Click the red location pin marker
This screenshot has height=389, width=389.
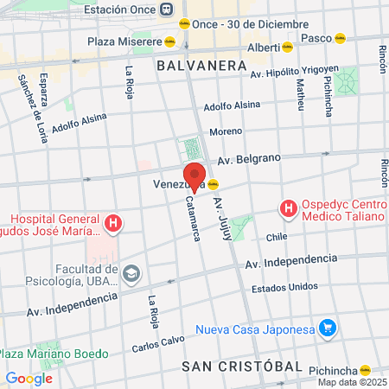coord(194,174)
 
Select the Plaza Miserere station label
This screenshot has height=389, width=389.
coord(124,41)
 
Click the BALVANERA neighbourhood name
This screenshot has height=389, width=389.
coord(192,65)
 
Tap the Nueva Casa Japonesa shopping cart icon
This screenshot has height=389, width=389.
coord(327,328)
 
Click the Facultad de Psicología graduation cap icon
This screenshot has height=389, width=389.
coord(131,275)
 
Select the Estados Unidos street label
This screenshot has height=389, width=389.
coord(284,287)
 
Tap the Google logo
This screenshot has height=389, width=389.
coord(29,378)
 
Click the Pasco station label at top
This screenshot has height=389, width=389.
coord(320,38)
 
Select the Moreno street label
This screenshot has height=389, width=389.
coord(226,131)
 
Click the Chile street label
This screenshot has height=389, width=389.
coord(277,236)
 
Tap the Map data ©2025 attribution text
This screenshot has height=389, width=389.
coord(352,382)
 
